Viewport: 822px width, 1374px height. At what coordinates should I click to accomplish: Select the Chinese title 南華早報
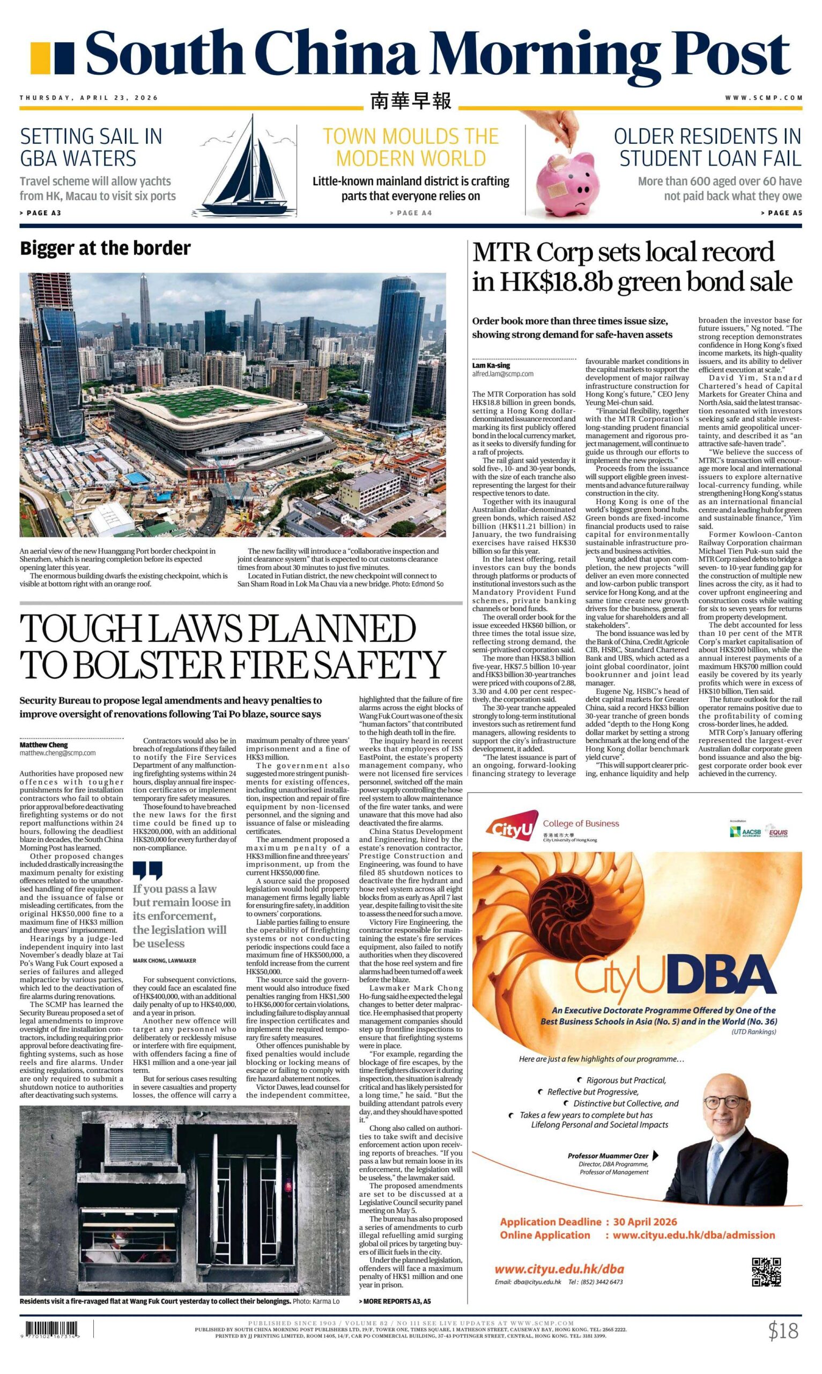coord(410,100)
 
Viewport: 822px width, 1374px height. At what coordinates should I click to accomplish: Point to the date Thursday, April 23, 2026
coord(88,98)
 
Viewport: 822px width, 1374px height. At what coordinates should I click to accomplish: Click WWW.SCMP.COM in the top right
coord(764,98)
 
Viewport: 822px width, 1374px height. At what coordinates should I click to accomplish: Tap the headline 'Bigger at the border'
coord(105,249)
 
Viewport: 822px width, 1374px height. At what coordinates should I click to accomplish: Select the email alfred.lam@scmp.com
coord(502,374)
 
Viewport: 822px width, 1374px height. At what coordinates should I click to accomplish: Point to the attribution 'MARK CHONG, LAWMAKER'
coord(164,961)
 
